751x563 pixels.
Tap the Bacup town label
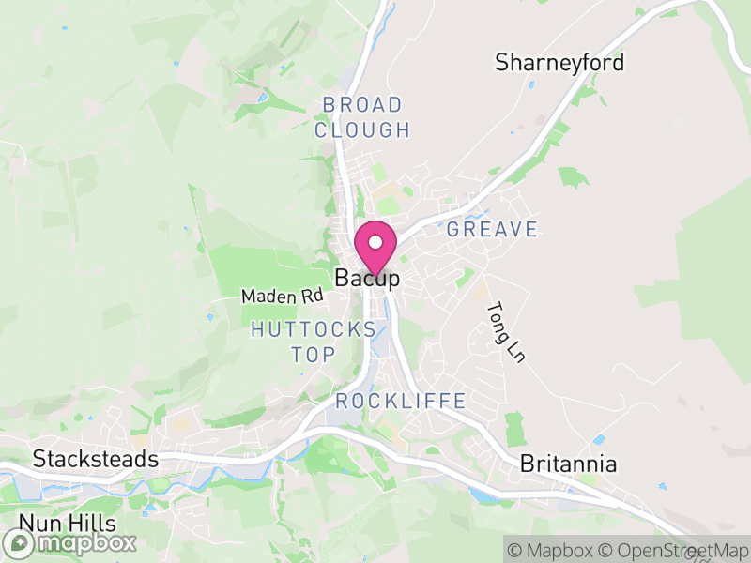tap(367, 279)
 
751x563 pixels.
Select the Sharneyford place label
tap(559, 63)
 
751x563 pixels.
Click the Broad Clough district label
tap(362, 117)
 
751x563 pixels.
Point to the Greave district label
tap(493, 229)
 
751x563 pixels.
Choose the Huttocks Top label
tap(314, 342)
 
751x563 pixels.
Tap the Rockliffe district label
tap(401, 402)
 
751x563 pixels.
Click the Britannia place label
tap(569, 464)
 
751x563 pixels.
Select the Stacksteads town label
tap(95, 459)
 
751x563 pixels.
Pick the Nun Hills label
tap(67, 523)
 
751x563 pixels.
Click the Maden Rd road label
tap(282, 296)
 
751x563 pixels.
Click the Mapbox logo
tap(70, 542)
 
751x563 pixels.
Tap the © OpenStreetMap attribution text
tap(674, 549)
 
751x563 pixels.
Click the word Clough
tap(362, 130)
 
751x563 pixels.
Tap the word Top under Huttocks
tap(314, 355)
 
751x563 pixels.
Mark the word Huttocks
tap(314, 330)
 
